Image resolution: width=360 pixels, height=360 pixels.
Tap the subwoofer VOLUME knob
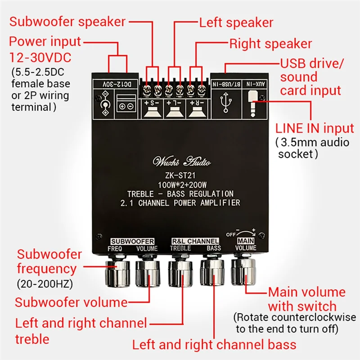147,273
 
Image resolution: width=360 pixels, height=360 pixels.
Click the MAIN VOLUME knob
243,271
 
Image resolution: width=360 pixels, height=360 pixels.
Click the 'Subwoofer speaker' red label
67,22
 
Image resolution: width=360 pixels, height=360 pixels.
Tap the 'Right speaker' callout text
270,44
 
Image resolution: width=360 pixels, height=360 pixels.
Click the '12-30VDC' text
40,58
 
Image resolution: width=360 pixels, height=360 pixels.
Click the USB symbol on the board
226,99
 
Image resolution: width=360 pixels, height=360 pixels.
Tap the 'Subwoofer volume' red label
71,301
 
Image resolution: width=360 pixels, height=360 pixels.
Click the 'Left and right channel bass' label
214,345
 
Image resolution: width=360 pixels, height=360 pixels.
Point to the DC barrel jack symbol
104,100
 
